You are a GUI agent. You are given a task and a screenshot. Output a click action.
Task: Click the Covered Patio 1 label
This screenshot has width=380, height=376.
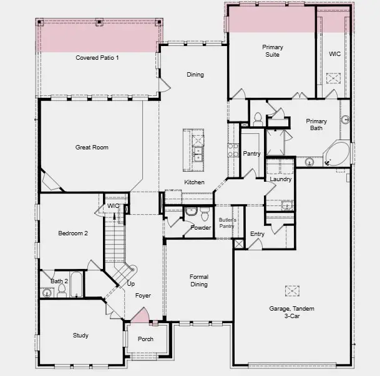click(x=97, y=58)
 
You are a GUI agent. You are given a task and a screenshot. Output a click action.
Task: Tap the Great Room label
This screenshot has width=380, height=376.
click(x=92, y=148)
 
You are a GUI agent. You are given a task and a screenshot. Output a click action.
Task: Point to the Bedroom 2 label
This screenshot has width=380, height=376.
click(x=73, y=233)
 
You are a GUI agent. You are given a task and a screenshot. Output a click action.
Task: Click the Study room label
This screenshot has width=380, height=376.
click(x=80, y=336)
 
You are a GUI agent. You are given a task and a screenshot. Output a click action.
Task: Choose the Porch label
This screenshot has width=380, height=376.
click(x=145, y=339)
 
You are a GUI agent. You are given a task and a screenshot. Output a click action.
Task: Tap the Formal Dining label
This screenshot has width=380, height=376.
click(x=199, y=281)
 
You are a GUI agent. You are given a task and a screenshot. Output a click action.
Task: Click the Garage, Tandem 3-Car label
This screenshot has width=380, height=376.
click(x=291, y=313)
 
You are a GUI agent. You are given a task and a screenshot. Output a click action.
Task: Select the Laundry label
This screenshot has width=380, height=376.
click(x=281, y=179)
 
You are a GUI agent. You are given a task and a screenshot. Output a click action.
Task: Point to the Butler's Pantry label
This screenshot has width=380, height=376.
click(x=227, y=223)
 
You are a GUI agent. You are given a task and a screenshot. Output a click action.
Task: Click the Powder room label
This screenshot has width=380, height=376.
click(x=201, y=228)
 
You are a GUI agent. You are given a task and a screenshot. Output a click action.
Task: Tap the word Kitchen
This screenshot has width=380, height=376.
click(x=194, y=182)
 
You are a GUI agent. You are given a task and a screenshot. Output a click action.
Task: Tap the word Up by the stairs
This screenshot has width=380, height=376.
click(x=131, y=284)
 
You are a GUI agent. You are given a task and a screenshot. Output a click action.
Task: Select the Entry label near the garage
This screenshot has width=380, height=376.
click(x=257, y=234)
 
